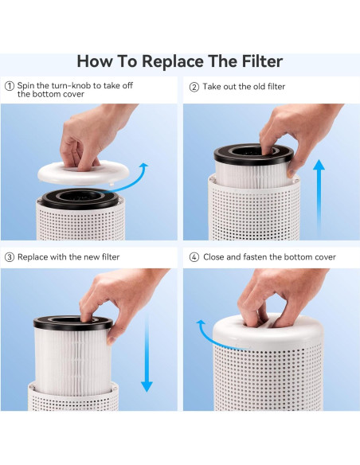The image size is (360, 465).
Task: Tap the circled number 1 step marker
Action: coord(10,86)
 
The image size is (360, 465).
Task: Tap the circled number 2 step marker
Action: coord(194,86)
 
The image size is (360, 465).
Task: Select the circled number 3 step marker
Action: coord(10,257)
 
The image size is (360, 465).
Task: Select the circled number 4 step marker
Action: coord(194,257)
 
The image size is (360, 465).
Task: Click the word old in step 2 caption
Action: coord(249,86)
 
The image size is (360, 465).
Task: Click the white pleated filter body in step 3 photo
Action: coord(72,358)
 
